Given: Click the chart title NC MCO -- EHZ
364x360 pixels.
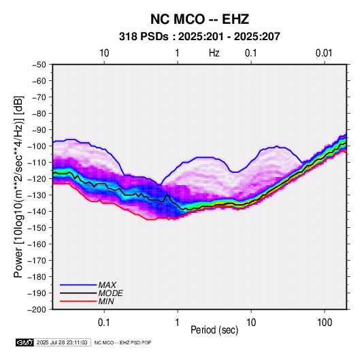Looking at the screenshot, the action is [x=199, y=19].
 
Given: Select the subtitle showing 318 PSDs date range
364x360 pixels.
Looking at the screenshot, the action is [x=199, y=37].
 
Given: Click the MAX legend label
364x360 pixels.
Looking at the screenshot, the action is [x=107, y=285].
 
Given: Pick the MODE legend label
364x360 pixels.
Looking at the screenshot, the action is [x=110, y=293].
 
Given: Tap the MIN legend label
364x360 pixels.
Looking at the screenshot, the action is [x=106, y=301].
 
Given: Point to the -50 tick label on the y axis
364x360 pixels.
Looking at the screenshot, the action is [x=39, y=65].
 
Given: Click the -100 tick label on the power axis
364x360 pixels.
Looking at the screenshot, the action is [x=37, y=146].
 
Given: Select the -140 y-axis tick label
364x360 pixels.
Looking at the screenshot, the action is [x=37, y=212].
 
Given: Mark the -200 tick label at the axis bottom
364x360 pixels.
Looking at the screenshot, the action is [x=37, y=310].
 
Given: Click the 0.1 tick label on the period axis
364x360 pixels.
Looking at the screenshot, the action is [x=104, y=323].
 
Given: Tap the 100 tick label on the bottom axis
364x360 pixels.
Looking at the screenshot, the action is [x=325, y=323].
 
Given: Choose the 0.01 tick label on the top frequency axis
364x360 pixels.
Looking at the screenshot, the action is [x=324, y=53].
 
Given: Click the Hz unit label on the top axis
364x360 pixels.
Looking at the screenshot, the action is [x=214, y=53].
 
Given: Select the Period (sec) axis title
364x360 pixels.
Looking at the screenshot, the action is [x=214, y=330].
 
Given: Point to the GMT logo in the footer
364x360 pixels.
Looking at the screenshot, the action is [x=25, y=342].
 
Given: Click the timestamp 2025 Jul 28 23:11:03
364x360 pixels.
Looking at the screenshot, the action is [x=62, y=342].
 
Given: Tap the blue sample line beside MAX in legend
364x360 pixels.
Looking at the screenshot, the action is [x=78, y=285].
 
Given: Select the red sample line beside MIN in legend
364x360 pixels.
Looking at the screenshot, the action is [x=78, y=301].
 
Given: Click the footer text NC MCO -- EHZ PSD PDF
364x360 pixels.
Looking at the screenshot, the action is [x=122, y=342].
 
